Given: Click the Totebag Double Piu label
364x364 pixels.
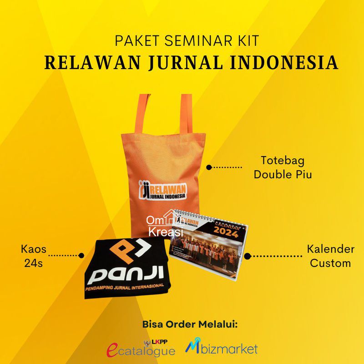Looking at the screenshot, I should [283, 167].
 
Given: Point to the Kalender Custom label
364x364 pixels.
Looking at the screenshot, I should [329, 256].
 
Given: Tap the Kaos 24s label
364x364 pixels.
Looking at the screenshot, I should [31, 256].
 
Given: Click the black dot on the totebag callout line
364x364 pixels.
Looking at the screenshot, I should [209, 167].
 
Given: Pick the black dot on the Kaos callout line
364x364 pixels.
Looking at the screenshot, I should [81, 256].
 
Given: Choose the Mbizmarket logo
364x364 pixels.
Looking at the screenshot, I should [222, 349].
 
